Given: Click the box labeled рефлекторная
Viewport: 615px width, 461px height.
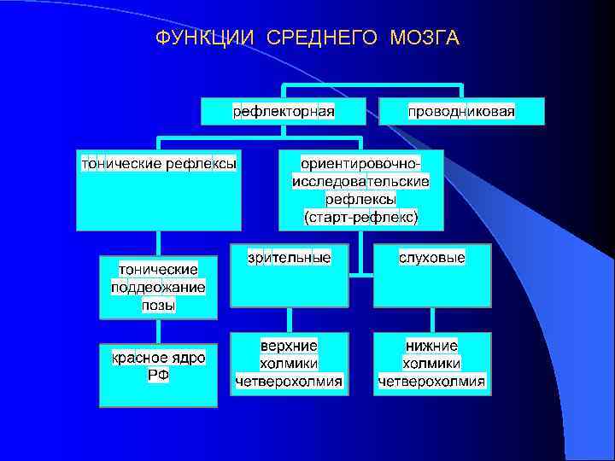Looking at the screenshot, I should click(284, 112).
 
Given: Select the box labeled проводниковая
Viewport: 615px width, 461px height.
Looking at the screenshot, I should click(461, 112).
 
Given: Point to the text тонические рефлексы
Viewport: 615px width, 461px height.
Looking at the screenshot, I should click(158, 161).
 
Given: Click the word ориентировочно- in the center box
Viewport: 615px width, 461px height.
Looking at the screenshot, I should click(360, 162).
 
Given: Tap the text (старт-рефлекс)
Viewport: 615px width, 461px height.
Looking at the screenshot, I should click(360, 218).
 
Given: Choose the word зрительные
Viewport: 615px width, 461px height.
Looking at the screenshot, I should click(289, 256).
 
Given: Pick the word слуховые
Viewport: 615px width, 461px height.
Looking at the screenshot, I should click(432, 256).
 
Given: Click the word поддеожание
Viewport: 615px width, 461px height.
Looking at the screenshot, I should click(159, 287).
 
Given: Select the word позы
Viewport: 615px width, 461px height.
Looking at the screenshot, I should click(159, 305).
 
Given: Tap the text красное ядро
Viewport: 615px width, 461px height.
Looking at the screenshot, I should click(159, 358).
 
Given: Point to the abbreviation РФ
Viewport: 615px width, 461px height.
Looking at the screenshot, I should click(159, 376).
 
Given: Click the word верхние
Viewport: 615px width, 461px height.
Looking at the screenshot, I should click(289, 345).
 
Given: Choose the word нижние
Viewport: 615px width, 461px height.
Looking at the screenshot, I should click(432, 345).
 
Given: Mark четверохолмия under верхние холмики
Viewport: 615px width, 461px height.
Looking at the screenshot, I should click(289, 381).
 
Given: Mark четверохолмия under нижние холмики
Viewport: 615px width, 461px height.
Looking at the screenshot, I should click(432, 381).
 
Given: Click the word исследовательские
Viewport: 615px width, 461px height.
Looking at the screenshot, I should click(360, 181).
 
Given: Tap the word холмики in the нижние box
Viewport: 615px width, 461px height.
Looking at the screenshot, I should click(432, 363).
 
